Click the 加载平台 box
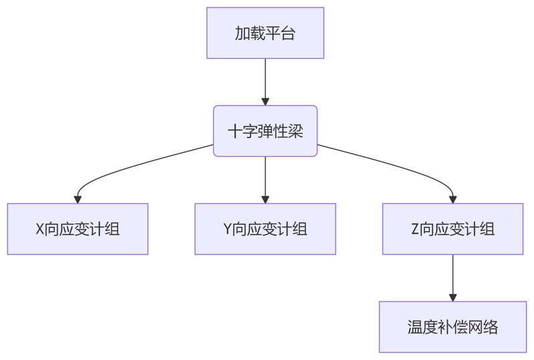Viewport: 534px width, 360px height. tap(265, 33)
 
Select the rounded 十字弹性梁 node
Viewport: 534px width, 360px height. tap(265, 131)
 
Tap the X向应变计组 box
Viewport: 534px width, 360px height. tap(78, 229)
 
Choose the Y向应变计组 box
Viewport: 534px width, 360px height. tap(265, 229)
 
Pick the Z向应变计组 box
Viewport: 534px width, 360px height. tap(452, 229)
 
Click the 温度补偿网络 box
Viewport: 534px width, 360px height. tap(452, 327)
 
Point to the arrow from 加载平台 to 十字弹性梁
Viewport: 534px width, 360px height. tap(265, 80)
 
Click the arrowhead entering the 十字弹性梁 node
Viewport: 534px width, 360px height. tap(265, 102)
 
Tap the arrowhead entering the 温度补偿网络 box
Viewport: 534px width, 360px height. tap(452, 297)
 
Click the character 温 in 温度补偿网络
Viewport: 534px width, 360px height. tap(415, 327)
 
